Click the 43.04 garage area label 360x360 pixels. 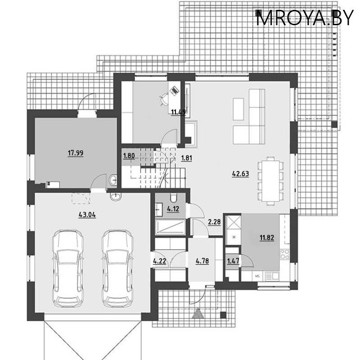point(87,215)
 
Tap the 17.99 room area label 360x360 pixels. point(76,153)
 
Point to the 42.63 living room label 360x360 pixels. point(241,173)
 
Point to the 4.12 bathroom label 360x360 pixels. point(173,208)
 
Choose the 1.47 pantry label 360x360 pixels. point(233,261)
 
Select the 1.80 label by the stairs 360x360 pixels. point(129,157)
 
